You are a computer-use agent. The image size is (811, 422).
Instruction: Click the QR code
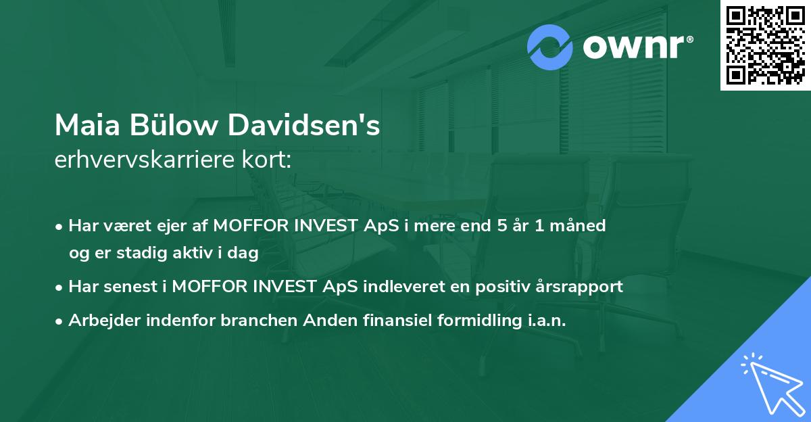[766, 45]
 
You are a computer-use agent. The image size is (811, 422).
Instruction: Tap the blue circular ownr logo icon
[549, 48]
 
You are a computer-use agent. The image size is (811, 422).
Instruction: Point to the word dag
[245, 253]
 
